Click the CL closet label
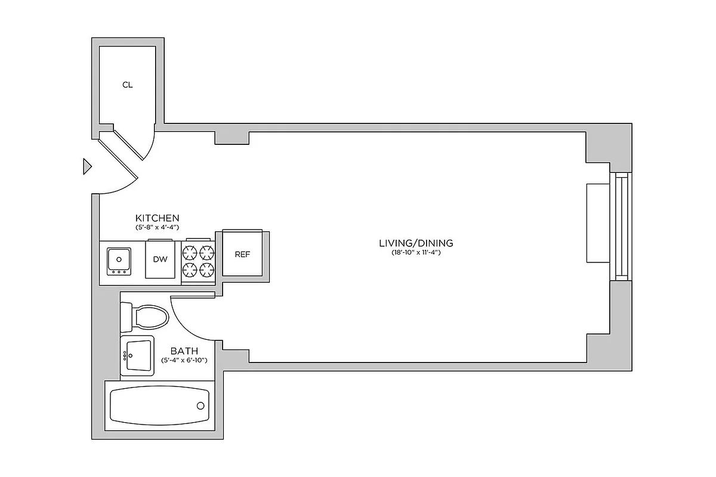[x=127, y=85]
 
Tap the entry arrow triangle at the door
[x=87, y=166]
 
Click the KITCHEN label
[x=157, y=218]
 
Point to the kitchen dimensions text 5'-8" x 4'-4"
[x=157, y=228]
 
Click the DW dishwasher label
[x=159, y=259]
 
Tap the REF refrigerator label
[x=242, y=254]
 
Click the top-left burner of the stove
[x=190, y=252]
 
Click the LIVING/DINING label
[x=416, y=243]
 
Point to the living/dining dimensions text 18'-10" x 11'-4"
[x=416, y=253]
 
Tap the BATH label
[x=184, y=351]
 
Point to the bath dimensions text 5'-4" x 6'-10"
[x=184, y=361]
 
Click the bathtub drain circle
[x=200, y=406]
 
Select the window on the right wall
[x=622, y=227]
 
